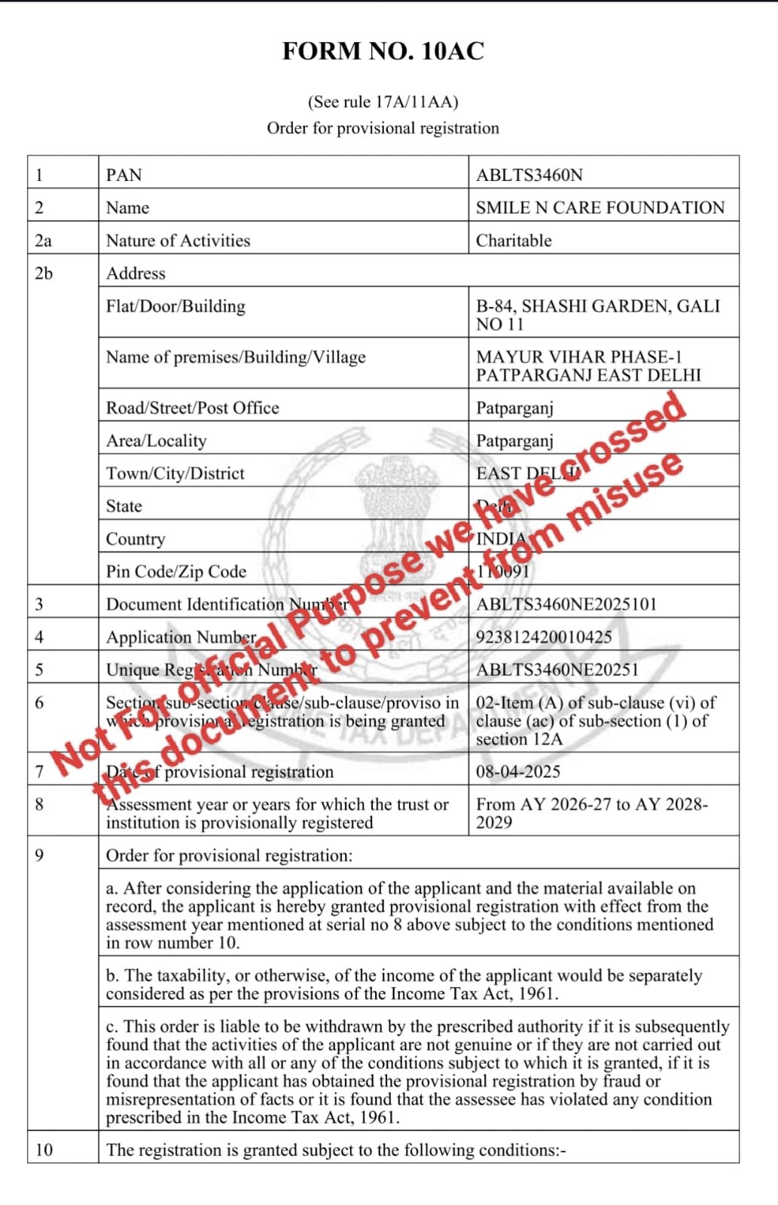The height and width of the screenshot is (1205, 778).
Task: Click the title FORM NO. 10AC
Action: point(383,51)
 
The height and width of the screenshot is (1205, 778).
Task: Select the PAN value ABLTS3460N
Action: point(529,175)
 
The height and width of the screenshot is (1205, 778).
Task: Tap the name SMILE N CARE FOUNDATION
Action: point(600,207)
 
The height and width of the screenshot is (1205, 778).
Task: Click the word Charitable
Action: point(514,240)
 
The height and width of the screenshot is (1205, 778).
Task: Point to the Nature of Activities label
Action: point(178,240)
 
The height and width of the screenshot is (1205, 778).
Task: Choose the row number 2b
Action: point(44,273)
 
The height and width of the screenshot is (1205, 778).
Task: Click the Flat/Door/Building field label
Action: point(175,306)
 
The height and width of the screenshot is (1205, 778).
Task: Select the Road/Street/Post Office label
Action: point(192,408)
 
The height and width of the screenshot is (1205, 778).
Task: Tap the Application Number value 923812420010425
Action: point(544,637)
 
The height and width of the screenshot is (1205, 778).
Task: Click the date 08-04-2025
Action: point(518,771)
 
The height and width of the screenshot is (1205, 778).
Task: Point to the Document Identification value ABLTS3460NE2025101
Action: point(566,604)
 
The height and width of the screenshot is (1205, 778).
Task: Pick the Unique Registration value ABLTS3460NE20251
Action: point(557,669)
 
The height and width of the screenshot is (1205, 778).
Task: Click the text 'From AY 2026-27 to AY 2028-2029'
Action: point(591,812)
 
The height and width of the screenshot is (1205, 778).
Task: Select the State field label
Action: point(124,506)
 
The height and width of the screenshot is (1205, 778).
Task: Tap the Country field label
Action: point(136,539)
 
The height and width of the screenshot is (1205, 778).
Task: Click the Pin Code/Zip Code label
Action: point(176,571)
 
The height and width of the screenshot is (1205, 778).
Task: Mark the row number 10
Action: point(44,1149)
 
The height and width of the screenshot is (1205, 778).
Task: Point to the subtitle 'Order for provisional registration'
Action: point(383,128)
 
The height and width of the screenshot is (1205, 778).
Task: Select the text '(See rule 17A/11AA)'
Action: point(383,102)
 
